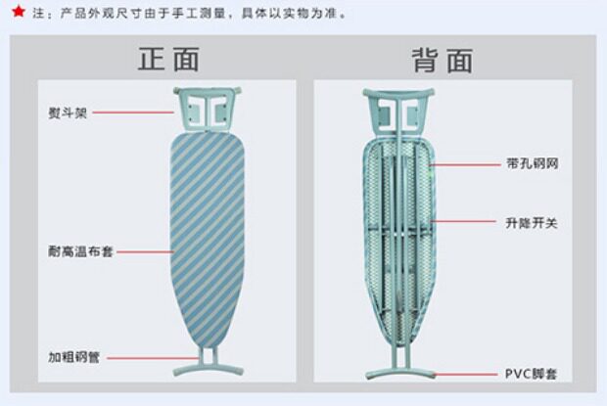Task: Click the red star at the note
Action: (18, 13)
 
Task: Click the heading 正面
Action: (167, 60)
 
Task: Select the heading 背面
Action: (442, 60)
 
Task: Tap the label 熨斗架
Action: (69, 113)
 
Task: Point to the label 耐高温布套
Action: (80, 251)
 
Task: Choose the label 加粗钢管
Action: (74, 357)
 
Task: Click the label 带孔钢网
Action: (533, 163)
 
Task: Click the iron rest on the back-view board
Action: (398, 108)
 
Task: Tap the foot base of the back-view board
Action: (399, 372)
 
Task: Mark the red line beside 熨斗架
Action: (137, 113)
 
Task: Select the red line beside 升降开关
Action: (466, 222)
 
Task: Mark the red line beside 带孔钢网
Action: (466, 163)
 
